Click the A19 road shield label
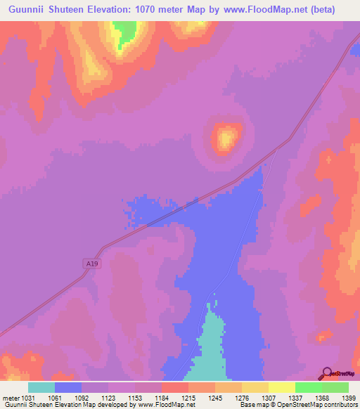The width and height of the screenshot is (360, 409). (x=89, y=264)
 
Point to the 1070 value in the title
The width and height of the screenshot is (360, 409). (x=152, y=9)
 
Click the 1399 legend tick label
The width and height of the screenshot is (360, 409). (x=346, y=398)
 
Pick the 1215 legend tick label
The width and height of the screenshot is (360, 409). (x=187, y=398)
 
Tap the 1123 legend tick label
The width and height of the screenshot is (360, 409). (x=108, y=398)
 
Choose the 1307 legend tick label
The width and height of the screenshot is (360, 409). (x=266, y=398)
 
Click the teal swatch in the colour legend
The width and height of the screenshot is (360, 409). (x=41, y=387)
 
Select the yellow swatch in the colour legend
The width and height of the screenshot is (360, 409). (x=281, y=387)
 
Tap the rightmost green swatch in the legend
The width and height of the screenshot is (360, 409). (x=335, y=387)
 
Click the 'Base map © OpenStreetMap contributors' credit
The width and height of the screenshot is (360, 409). (x=298, y=405)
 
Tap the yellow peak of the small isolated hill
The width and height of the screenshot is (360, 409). (x=226, y=138)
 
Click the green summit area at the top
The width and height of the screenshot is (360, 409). (x=125, y=30)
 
